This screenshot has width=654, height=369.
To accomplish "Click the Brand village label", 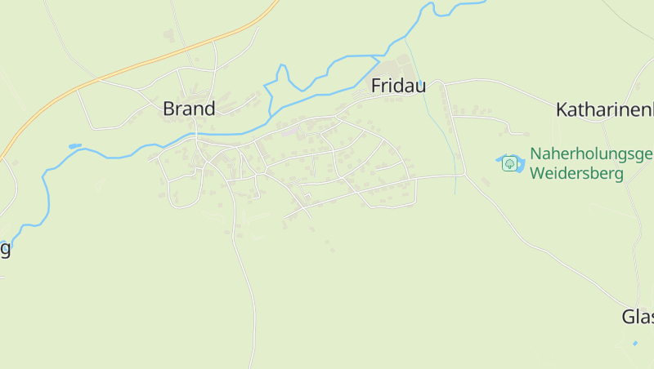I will click(189, 109).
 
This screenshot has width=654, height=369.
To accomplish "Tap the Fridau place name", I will click(398, 86).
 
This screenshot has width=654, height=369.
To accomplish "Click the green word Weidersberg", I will click(576, 174).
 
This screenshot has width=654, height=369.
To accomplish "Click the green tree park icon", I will click(510, 163).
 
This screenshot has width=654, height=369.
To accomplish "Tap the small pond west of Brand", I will click(75, 146).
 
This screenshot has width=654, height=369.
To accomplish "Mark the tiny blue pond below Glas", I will click(635, 344).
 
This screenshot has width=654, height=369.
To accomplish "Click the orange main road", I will click(123, 71).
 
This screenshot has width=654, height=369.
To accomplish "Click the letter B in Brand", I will click(169, 109).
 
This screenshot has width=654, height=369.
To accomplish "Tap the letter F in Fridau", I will click(377, 86).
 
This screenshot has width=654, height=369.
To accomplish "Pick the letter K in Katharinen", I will click(562, 109).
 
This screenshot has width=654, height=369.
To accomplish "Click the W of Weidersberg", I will click(537, 174).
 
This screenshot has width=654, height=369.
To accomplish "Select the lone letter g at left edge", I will click(4, 249).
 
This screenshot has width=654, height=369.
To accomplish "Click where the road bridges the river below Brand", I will click(196, 134).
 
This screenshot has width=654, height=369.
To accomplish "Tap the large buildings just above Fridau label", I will click(398, 65).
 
